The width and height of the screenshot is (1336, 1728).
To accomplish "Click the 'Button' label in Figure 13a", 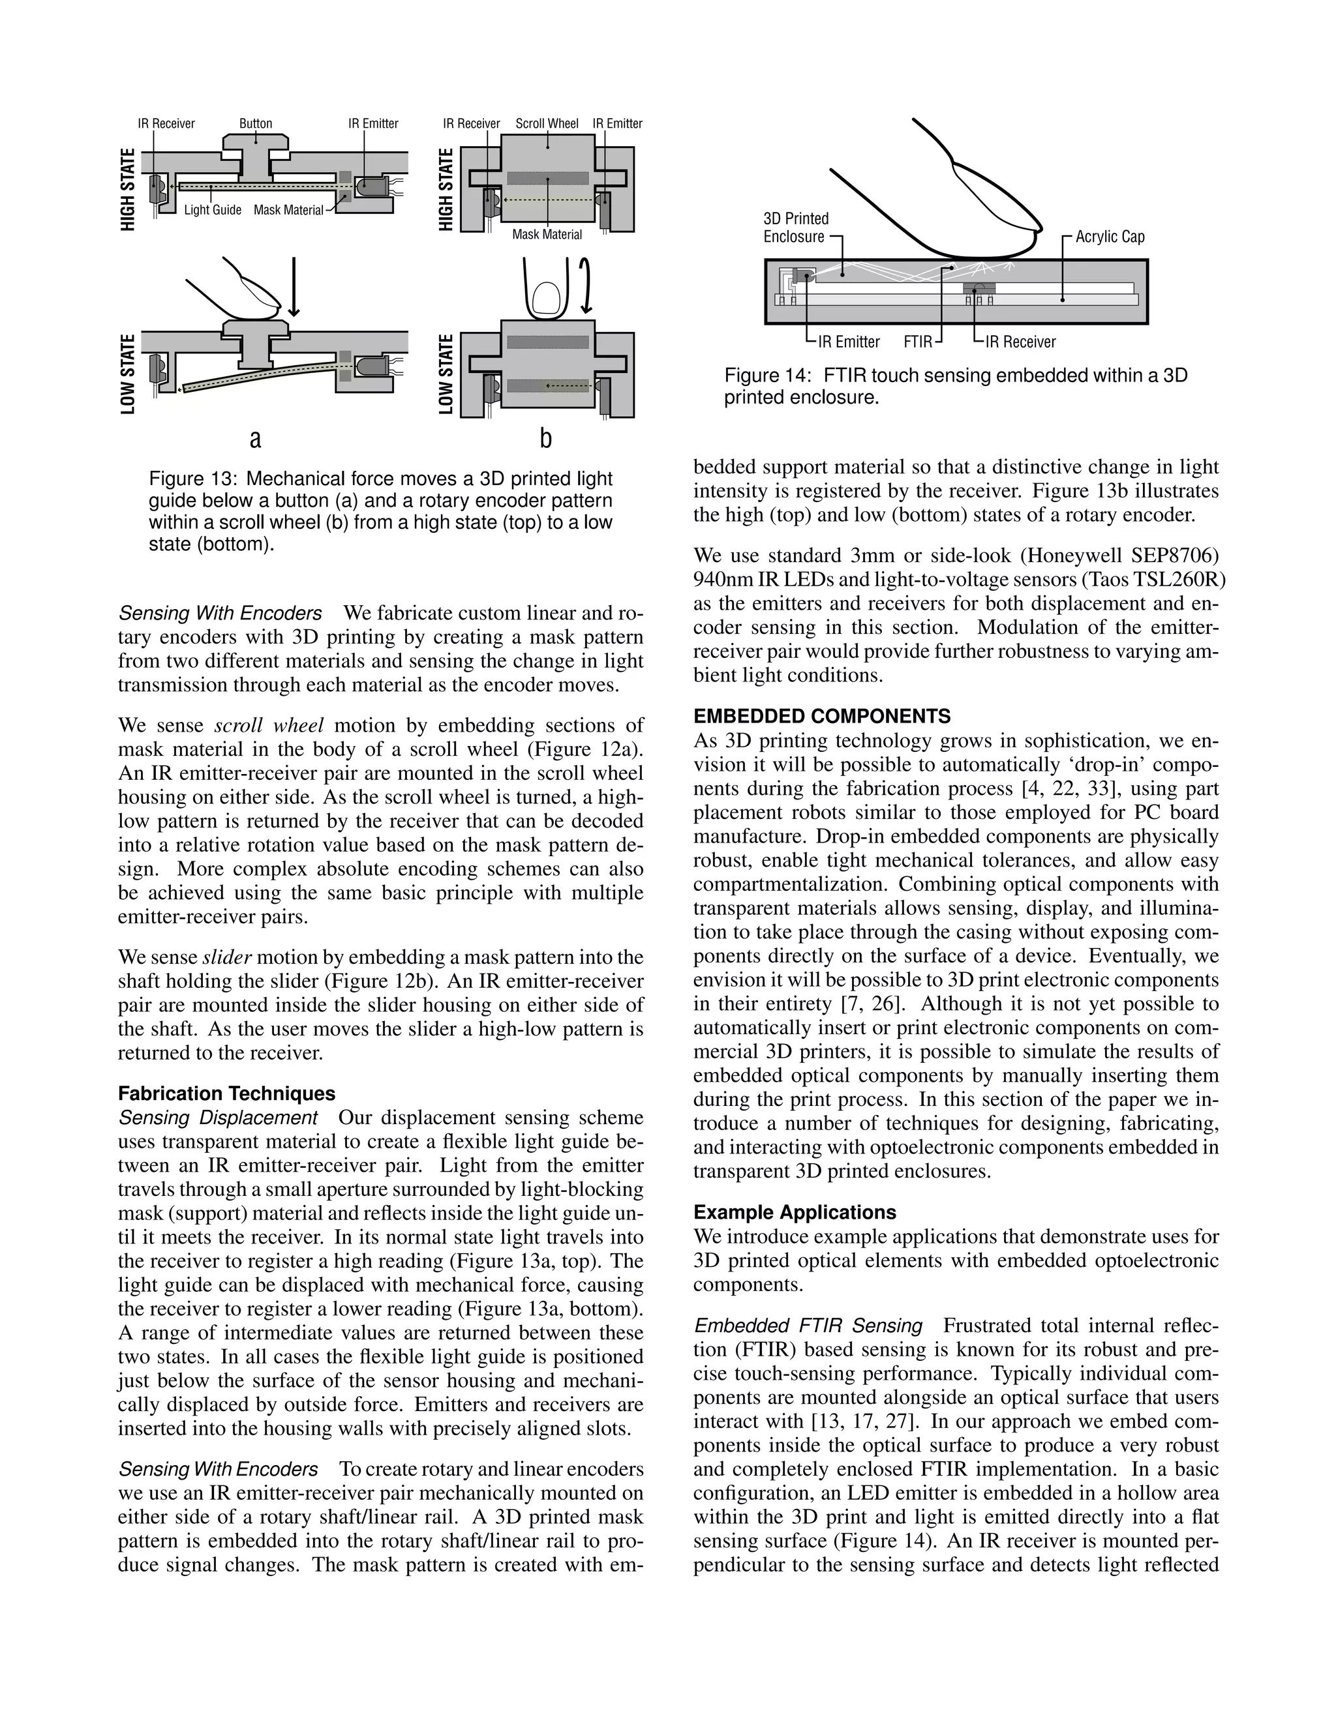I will tap(256, 123).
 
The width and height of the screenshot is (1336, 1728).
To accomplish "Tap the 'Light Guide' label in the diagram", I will tap(212, 210).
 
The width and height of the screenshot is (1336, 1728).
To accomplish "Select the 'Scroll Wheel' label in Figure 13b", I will tap(547, 123).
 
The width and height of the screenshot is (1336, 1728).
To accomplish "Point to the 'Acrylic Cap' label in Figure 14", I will tap(1110, 237).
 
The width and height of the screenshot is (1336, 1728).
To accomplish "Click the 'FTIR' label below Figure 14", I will tap(917, 342).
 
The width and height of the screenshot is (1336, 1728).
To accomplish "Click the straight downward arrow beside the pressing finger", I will tap(294, 286).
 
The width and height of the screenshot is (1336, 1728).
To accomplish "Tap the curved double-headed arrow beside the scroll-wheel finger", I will tap(586, 286).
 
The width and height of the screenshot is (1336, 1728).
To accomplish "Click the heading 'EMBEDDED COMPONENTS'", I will tap(821, 716).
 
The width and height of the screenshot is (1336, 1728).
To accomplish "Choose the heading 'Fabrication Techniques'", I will tap(226, 1094).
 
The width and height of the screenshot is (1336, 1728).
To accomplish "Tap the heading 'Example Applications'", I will tap(795, 1212).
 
